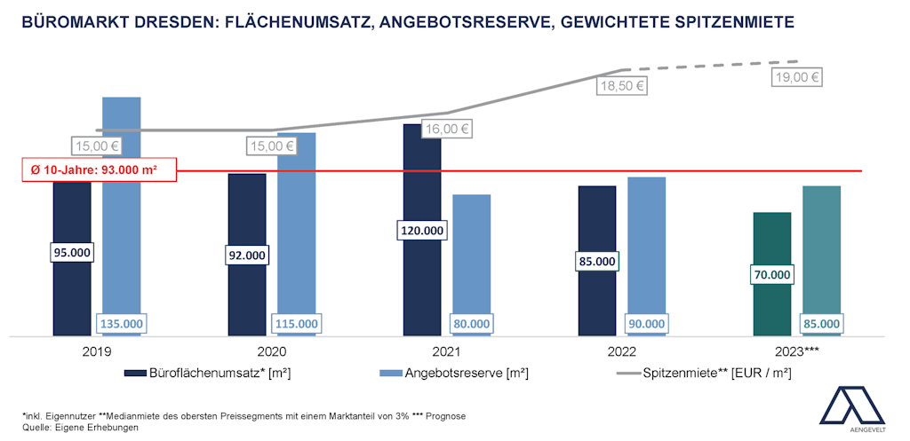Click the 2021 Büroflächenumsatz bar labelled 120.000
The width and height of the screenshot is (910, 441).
coord(422,177)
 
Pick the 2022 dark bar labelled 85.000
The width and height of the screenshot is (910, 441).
coord(597,222)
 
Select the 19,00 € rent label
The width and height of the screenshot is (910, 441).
coord(797,77)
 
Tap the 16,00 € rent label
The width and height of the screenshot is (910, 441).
coord(446,129)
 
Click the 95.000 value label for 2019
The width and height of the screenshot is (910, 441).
coord(73,253)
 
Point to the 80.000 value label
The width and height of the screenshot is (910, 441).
coord(472,324)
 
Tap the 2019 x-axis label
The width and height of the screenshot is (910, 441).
coord(96,351)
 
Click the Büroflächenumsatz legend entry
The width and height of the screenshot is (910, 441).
coord(208,374)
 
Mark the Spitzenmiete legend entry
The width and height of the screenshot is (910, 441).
coord(703,374)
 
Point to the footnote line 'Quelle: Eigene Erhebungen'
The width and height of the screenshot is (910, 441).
coord(81,427)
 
